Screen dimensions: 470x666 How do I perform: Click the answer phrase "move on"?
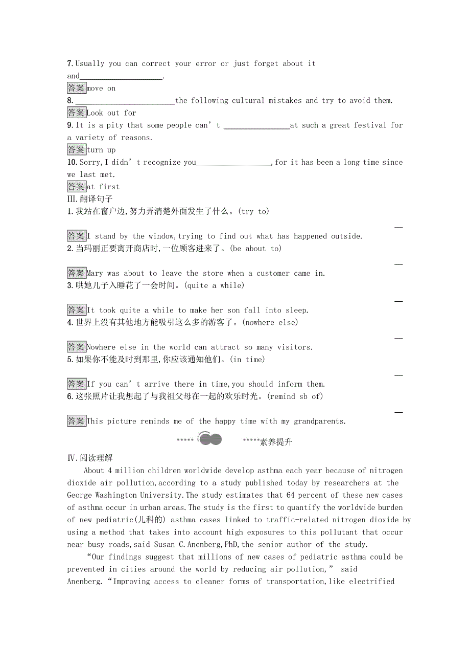click(101, 88)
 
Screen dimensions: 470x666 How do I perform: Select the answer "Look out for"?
click(111, 113)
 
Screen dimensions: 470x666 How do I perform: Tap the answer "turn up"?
click(101, 150)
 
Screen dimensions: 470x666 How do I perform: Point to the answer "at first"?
click(103, 187)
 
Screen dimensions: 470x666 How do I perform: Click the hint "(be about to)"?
click(255, 249)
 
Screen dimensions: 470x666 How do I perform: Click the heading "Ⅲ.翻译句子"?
click(90, 199)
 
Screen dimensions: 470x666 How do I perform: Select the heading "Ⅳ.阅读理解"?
click(90, 458)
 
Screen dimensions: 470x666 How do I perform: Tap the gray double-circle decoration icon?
click(209, 439)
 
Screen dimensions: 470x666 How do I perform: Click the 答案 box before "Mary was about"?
click(76, 273)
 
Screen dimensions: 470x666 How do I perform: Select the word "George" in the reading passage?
click(81, 495)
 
